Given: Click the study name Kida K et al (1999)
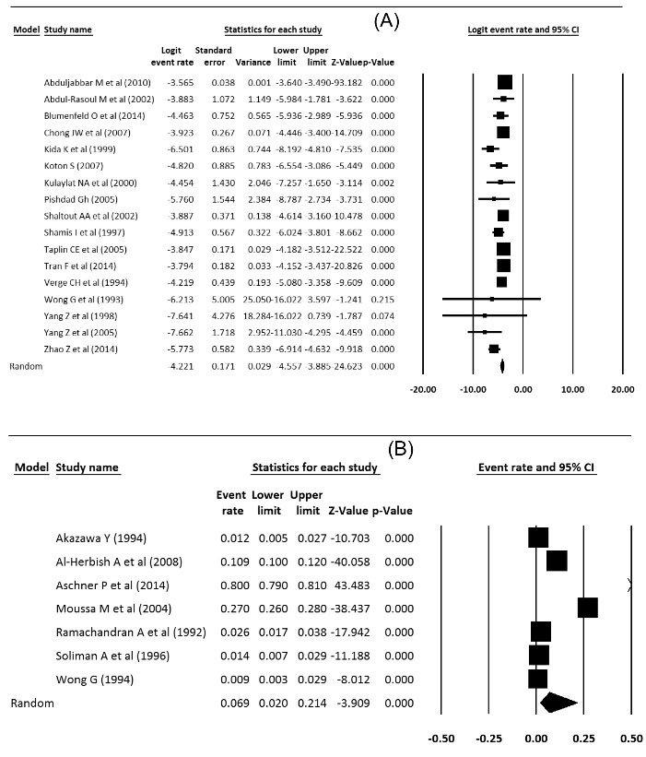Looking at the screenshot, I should tap(81, 148).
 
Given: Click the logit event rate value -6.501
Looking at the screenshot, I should tap(180, 148).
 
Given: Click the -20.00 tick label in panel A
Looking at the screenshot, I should tap(423, 390).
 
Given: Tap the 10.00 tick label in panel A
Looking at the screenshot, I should tap(573, 390).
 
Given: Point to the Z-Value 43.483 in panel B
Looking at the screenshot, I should tap(350, 585).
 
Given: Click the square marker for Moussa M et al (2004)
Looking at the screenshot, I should tap(587, 608).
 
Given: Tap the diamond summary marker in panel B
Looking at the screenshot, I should tap(558, 703).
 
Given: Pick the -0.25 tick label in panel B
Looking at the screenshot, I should tap(488, 739).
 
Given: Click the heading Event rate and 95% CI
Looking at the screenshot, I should tap(536, 467).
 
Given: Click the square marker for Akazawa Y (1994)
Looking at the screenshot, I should tap(538, 538).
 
